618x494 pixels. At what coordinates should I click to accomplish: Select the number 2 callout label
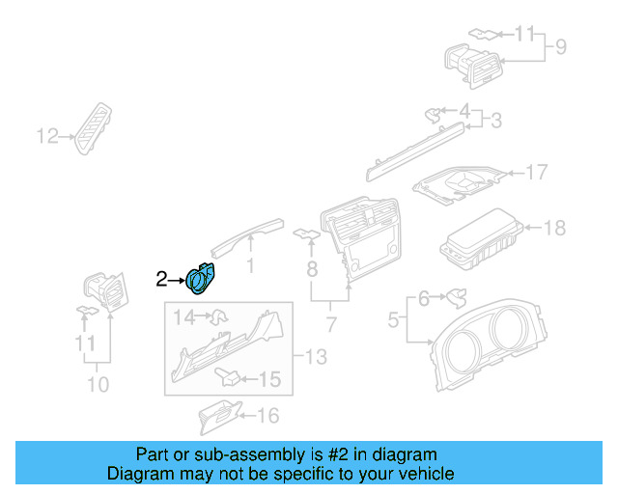pos(161,280)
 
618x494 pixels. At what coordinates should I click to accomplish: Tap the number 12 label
pos(47,136)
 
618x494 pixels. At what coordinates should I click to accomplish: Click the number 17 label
pos(536,173)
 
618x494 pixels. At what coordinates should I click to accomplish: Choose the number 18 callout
pos(554,228)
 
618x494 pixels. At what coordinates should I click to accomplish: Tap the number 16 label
pos(267,416)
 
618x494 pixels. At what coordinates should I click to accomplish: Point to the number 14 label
pos(183,316)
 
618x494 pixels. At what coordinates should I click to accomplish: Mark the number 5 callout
pos(394,317)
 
